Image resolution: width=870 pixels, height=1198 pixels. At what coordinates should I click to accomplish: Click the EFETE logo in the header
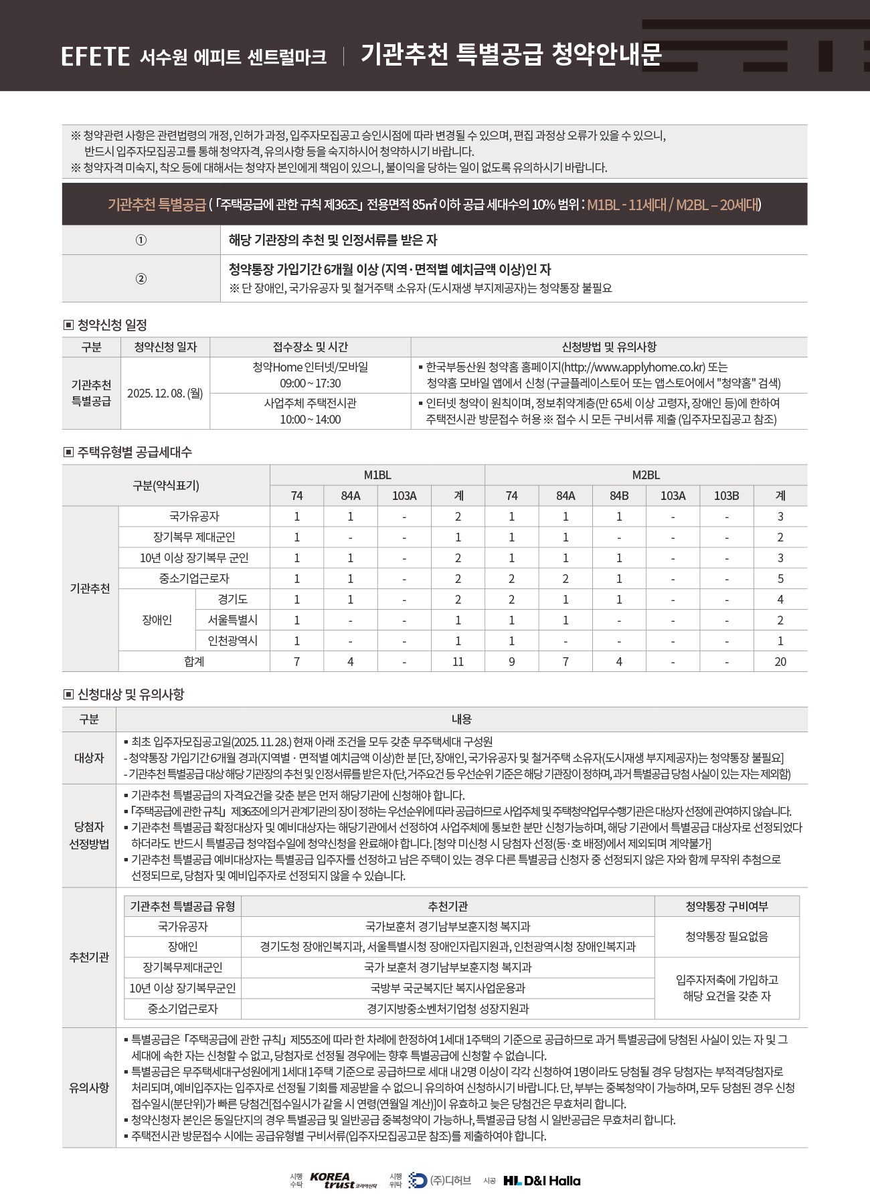tap(95, 56)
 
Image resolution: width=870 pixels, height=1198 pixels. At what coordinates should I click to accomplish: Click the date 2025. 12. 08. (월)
tap(165, 394)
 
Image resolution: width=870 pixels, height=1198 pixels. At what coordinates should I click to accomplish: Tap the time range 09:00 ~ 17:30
tap(310, 383)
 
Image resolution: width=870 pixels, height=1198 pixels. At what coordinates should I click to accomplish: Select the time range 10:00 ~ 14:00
tap(310, 420)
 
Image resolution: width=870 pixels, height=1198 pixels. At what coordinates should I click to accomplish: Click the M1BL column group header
tap(377, 475)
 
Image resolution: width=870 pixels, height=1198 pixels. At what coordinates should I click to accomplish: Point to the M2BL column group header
tap(646, 475)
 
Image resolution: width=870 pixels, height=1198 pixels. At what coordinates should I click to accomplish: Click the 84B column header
tap(619, 496)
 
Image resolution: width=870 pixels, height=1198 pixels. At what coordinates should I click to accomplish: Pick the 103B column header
tap(726, 496)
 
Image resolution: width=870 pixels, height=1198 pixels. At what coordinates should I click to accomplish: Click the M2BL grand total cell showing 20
tap(780, 662)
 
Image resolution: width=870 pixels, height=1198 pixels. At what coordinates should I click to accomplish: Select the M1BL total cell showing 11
tap(458, 662)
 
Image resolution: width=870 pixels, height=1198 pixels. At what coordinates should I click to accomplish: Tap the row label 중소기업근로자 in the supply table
tap(194, 579)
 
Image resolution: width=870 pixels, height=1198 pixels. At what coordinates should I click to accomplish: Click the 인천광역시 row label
tap(232, 641)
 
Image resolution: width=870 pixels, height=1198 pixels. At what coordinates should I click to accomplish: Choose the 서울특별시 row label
tap(232, 620)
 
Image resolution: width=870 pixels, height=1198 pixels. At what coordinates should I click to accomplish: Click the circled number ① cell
tap(141, 240)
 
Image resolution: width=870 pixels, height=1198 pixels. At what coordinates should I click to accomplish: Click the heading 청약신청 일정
tap(112, 325)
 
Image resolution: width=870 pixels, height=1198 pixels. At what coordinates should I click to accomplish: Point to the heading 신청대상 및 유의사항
tap(130, 695)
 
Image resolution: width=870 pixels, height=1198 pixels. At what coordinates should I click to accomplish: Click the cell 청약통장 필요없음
tap(726, 937)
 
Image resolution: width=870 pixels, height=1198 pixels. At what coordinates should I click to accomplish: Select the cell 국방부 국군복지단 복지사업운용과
tap(448, 989)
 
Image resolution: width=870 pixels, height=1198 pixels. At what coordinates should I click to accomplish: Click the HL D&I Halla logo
tap(542, 1181)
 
